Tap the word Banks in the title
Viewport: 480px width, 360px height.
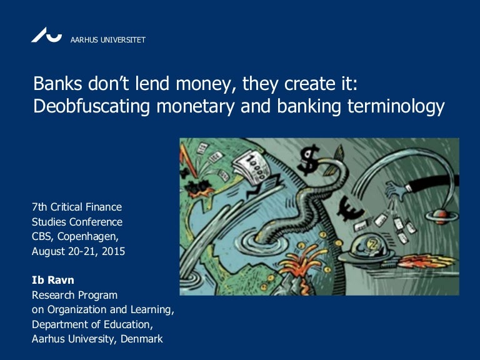[57, 84]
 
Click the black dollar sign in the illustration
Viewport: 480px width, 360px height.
[309, 160]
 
